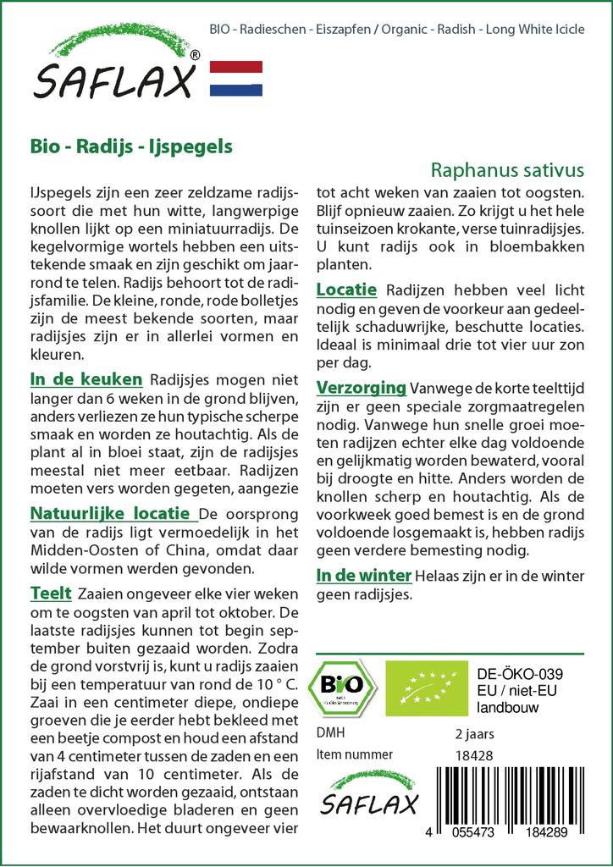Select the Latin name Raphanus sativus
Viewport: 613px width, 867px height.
(507, 169)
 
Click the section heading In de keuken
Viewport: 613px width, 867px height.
(86, 379)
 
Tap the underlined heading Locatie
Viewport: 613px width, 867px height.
(345, 290)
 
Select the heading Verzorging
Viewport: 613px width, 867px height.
(361, 388)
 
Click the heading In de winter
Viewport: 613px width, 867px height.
(363, 576)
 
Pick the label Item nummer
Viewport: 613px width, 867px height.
(354, 754)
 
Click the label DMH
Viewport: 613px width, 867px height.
(330, 732)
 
